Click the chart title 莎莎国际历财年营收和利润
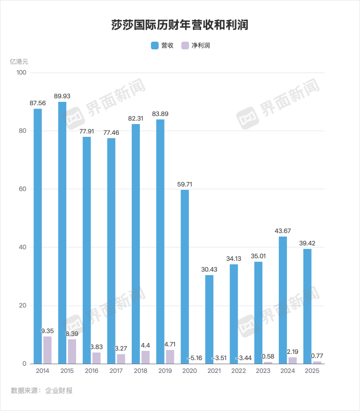tap(180, 25)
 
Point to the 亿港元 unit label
tap(19, 61)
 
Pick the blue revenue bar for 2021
tap(209, 319)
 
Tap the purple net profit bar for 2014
tap(47, 350)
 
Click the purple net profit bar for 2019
tap(170, 356)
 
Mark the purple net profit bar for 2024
tap(293, 360)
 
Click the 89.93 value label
tap(62, 96)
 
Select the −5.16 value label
tap(195, 358)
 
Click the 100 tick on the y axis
tap(21, 73)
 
